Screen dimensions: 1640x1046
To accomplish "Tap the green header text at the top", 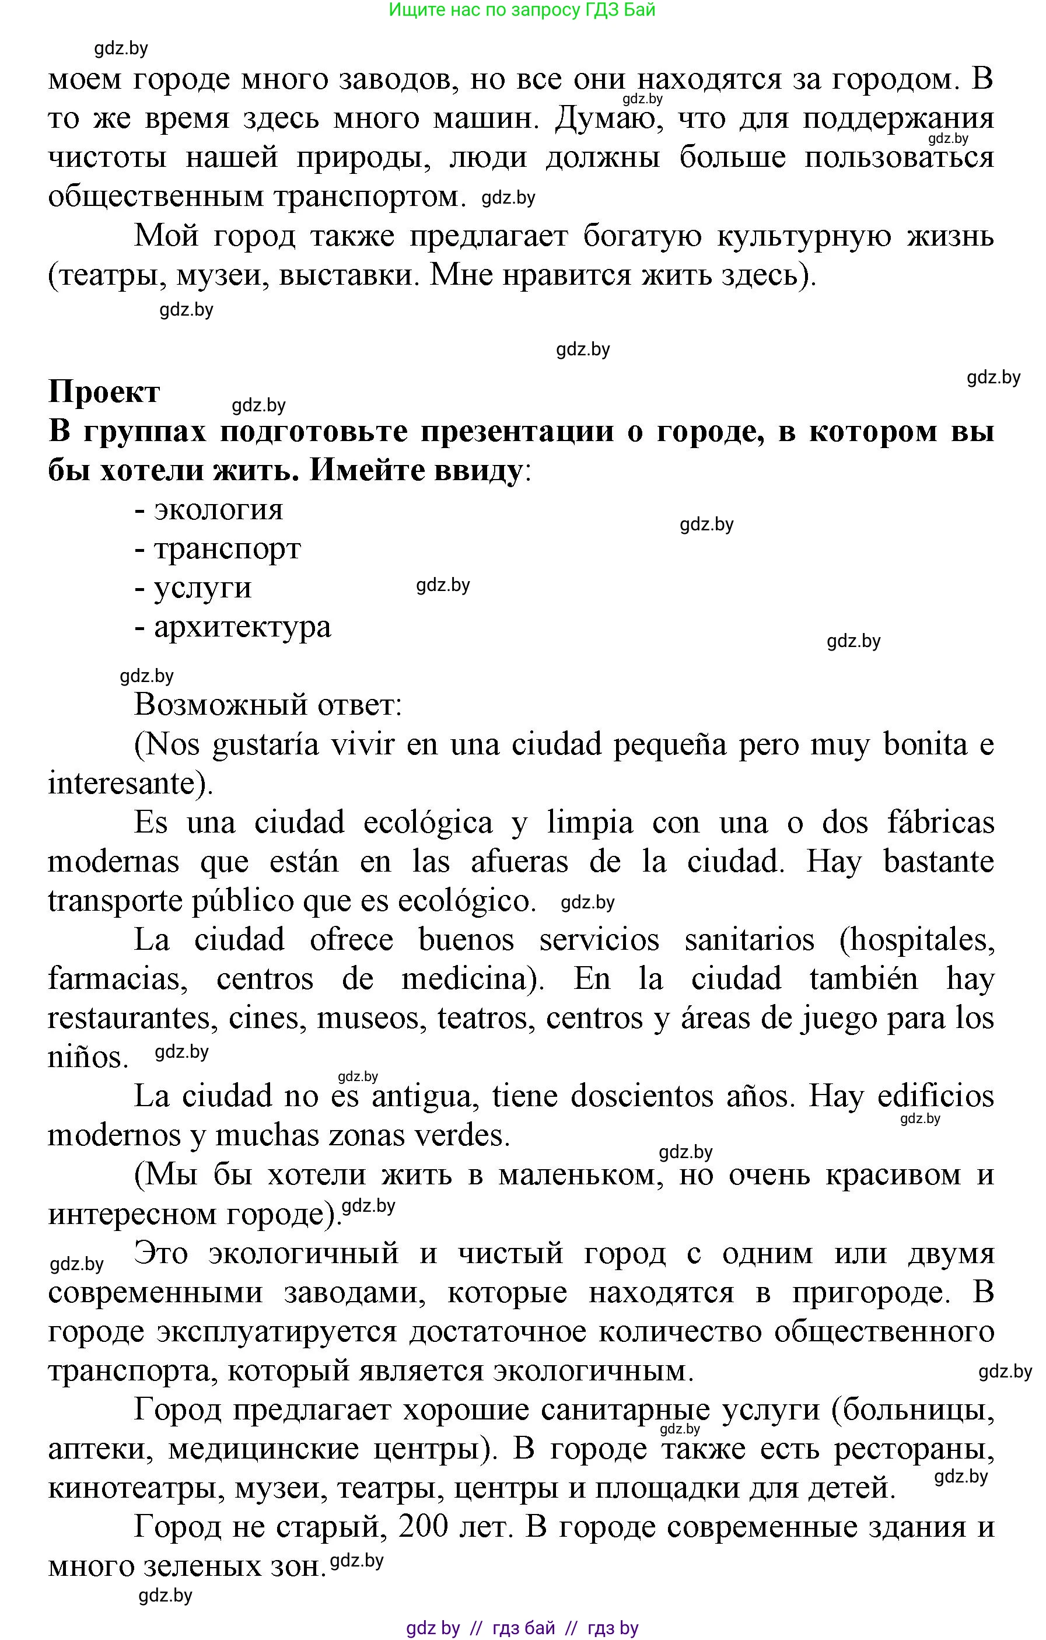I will (522, 11).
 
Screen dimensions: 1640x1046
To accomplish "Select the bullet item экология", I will (218, 509).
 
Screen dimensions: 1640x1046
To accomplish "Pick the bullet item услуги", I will (202, 588).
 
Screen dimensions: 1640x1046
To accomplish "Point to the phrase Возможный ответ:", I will (268, 704).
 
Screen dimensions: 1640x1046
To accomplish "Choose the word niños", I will (87, 1057).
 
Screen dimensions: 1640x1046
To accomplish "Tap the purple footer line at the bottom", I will (522, 1628).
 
